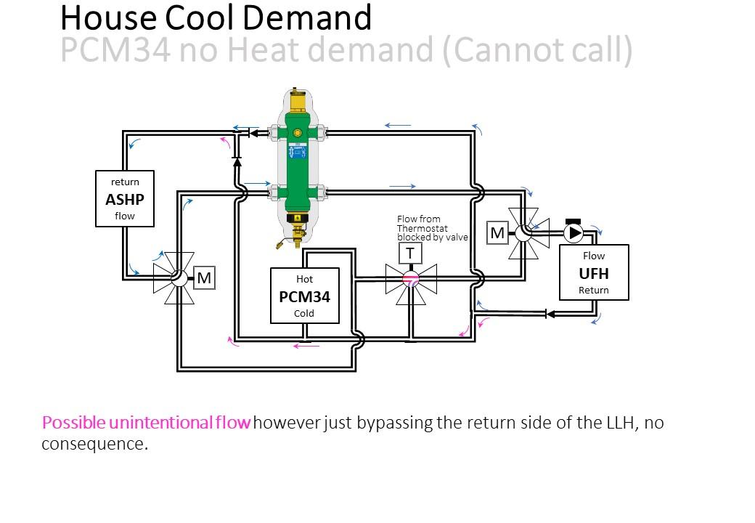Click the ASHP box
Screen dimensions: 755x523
(125, 198)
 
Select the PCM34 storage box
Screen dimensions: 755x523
(305, 296)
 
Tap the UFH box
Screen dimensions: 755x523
(594, 272)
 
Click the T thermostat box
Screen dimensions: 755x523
(410, 253)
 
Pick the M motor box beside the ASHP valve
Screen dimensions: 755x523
(204, 278)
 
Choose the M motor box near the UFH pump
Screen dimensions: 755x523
(497, 233)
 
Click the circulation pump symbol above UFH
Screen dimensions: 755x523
(574, 232)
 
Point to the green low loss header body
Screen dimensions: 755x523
(297, 163)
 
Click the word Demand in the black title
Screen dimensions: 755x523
(306, 18)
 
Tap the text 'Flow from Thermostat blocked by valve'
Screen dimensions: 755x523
(432, 228)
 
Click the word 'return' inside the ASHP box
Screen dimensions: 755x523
(125, 182)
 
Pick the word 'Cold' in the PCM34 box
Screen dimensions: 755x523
(304, 314)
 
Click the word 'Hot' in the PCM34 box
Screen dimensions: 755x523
(304, 280)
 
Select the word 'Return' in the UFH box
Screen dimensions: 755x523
(594, 291)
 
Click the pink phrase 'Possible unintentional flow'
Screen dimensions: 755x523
(147, 423)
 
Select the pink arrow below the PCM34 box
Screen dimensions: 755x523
(306, 345)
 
